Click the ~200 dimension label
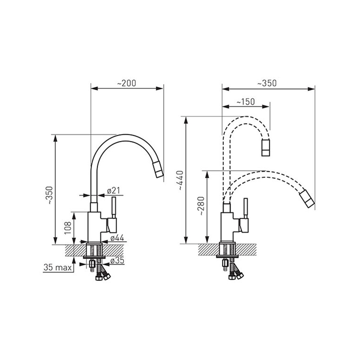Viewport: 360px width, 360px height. (127, 83)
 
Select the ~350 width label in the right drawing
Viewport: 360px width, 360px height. (267, 83)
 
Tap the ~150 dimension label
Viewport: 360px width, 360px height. (245, 102)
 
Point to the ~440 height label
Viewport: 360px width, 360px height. (180, 180)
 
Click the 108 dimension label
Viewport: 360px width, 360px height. (67, 228)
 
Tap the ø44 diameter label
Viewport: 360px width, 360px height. (117, 238)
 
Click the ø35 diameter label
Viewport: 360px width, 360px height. (117, 261)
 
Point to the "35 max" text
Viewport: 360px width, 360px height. (58, 268)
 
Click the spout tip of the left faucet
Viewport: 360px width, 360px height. (157, 170)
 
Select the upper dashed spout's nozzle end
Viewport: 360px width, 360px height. (266, 148)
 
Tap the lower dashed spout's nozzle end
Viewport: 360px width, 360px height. (307, 199)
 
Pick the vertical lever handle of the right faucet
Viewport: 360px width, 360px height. (246, 208)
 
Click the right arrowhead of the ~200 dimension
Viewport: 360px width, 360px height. (160, 88)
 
